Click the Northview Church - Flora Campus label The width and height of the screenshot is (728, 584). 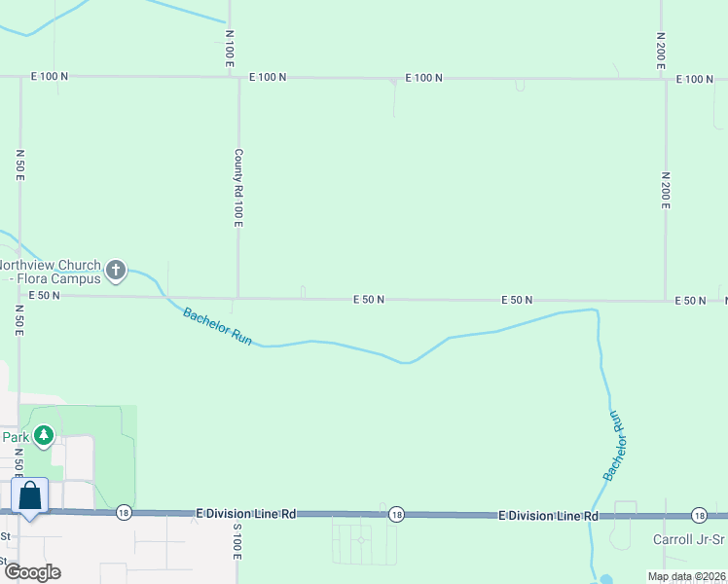point(51,272)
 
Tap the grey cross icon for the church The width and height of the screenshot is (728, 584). point(116,270)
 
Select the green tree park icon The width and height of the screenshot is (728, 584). point(43,436)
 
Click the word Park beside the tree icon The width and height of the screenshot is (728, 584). point(15,437)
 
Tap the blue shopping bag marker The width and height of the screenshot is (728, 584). point(30,495)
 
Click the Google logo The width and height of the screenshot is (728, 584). point(32,572)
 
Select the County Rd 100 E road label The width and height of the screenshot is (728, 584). point(238,188)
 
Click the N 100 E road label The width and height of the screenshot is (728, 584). point(230,48)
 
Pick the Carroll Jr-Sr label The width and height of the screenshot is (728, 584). point(689,539)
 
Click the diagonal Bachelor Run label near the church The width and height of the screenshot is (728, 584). point(218,327)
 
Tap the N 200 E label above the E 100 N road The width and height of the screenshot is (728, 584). point(661,48)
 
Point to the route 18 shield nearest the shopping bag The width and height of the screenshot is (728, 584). point(123,513)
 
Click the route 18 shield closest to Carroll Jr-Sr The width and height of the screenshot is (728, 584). point(699,515)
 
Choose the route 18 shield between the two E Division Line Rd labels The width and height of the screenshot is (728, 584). point(395,514)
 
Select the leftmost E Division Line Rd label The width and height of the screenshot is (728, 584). point(245,513)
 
